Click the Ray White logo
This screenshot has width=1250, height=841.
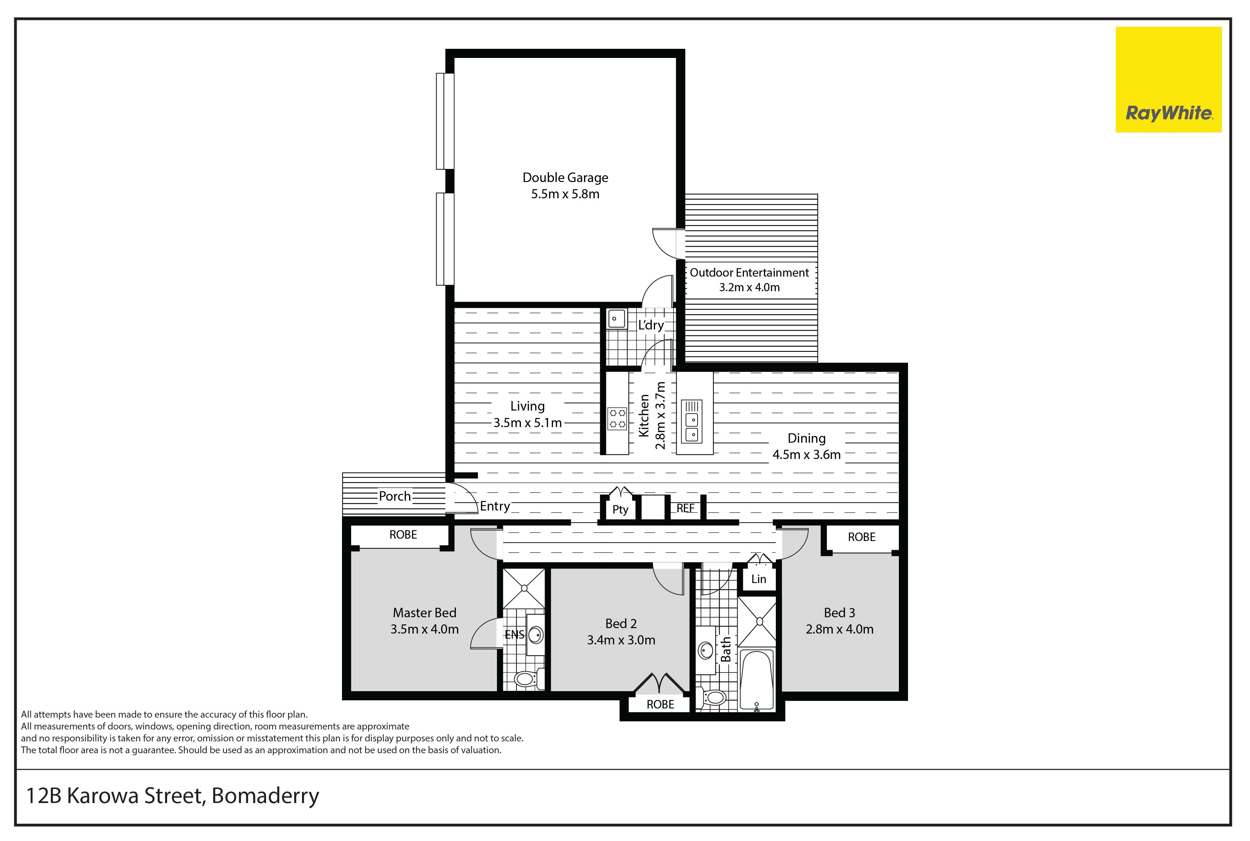1169,79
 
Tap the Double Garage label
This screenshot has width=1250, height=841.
565,178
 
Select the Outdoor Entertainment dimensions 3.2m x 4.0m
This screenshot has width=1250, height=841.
749,287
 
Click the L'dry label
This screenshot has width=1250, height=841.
650,325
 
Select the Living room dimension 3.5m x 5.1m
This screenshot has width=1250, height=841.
528,423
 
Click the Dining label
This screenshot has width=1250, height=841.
807,439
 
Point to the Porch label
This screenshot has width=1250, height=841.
395,496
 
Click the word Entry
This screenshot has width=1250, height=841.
495,506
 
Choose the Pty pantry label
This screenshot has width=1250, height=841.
620,509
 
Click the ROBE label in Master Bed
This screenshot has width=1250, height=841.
403,535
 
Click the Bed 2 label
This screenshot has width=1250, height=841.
621,624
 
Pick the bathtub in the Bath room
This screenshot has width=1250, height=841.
757,680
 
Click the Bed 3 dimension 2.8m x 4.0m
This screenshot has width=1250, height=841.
840,629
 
